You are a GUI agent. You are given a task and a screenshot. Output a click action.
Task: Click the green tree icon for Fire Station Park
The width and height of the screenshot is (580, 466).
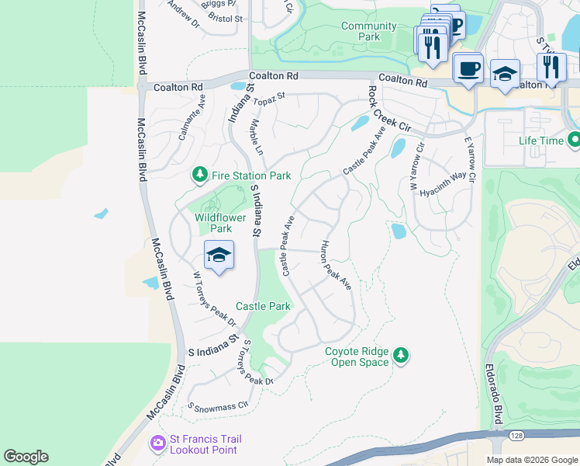click(200, 175)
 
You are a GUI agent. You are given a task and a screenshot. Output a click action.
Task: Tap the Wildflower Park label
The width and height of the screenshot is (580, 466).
click(213, 223)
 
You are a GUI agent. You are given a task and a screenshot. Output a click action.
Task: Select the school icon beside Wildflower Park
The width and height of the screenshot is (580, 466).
click(219, 256)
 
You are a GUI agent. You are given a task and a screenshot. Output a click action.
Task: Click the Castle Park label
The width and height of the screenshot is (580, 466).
click(263, 306)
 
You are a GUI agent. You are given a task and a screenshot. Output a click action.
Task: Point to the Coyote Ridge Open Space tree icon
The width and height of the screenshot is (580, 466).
click(400, 355)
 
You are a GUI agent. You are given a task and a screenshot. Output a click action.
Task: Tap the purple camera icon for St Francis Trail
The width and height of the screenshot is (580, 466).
click(157, 443)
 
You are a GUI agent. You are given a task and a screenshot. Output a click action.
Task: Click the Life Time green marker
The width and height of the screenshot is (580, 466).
click(574, 141)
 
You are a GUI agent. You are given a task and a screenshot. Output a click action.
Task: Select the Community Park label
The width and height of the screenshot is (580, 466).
click(369, 31)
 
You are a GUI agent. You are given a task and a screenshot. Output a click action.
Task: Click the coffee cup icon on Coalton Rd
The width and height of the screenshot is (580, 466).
click(468, 68)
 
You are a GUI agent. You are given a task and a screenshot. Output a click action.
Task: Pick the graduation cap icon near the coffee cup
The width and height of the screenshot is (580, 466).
click(505, 75)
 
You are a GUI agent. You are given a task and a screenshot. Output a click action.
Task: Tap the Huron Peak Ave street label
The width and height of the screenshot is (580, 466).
click(337, 266)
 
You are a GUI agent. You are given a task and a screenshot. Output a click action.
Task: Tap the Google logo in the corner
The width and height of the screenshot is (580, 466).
click(26, 457)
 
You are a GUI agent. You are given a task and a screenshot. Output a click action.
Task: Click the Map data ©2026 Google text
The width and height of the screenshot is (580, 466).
click(532, 460)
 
